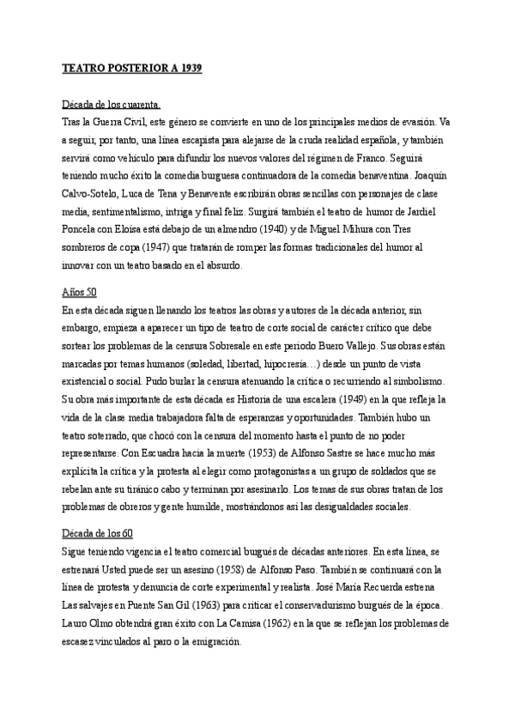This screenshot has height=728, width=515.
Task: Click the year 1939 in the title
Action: click(190, 67)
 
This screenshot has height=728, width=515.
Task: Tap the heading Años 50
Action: click(80, 291)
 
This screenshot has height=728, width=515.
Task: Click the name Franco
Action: click(370, 159)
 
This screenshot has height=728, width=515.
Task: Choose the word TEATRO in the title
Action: click(85, 67)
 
